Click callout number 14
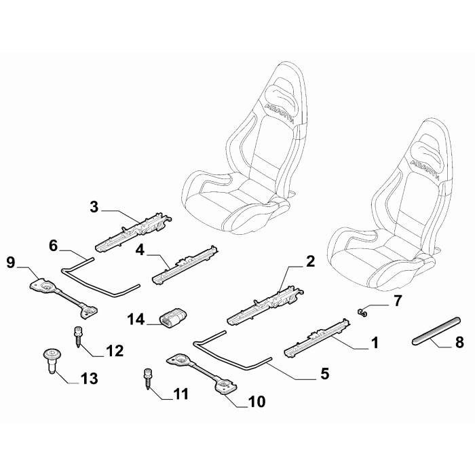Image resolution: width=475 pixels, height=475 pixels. [x=136, y=320]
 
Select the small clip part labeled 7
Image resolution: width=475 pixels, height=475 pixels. [x=362, y=312]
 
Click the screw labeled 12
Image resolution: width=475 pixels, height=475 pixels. [x=77, y=337]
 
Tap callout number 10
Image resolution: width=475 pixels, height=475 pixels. [x=256, y=402]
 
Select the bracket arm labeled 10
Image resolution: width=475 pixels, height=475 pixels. [x=201, y=374]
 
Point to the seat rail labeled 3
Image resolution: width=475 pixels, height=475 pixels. [x=134, y=232]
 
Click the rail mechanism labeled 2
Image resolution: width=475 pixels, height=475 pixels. [x=265, y=305]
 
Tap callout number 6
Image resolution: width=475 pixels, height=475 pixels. [x=53, y=246]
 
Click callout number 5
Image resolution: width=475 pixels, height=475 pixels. [x=324, y=373]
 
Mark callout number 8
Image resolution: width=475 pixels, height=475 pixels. [x=459, y=342]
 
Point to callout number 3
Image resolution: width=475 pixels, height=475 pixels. [x=94, y=207]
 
